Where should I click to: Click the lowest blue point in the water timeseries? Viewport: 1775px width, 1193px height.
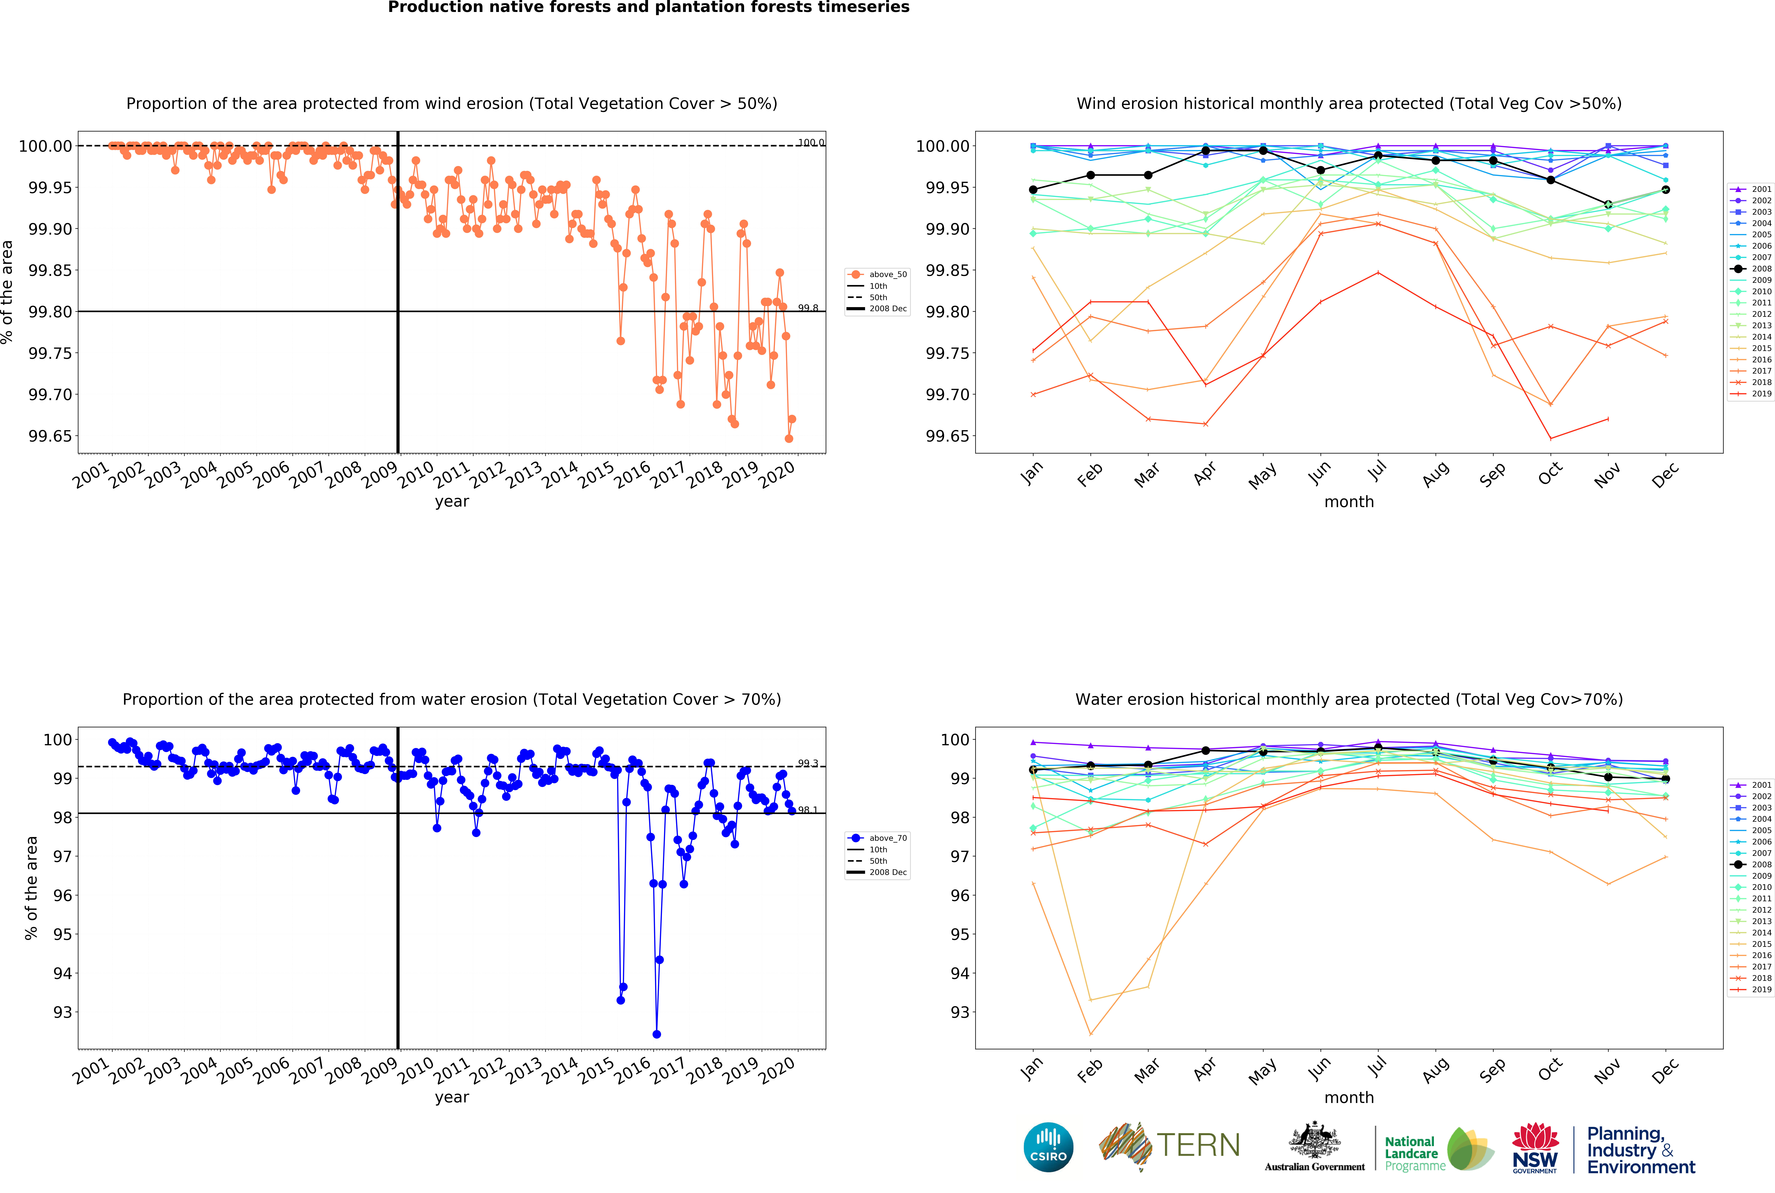pos(656,1034)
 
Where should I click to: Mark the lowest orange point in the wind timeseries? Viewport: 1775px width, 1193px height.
pos(789,438)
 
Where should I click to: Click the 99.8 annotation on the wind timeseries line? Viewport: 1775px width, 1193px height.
pos(808,308)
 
